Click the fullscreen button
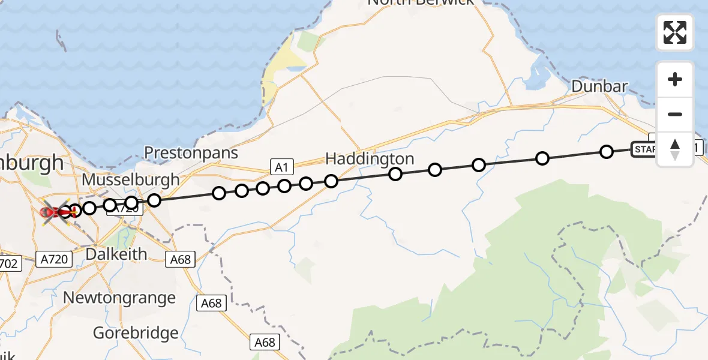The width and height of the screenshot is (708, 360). coord(675,32)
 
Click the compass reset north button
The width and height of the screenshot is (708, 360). coord(675,149)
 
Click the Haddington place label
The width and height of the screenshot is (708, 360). coord(370,158)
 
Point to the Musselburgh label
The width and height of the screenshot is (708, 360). coord(130,179)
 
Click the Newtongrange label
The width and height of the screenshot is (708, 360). coord(119,298)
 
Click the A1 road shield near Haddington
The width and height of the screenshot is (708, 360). coord(280,166)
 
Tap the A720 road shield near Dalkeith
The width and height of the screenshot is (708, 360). coord(54,259)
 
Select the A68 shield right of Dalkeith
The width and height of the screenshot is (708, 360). coord(181,259)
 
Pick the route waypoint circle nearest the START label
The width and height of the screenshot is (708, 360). coord(607,152)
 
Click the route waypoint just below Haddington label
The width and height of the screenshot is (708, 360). coord(395,174)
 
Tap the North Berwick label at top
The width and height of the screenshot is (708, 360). coord(420,2)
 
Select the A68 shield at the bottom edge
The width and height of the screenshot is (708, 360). coord(265,342)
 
